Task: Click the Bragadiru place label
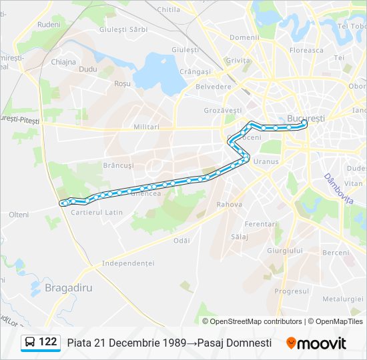tap(69, 287)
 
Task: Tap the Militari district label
tap(146, 127)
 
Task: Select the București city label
tap(306, 118)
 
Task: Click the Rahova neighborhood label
tap(229, 204)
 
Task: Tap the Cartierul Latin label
tap(97, 212)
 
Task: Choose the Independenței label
tap(128, 263)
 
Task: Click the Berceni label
tap(336, 253)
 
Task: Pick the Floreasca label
tap(306, 50)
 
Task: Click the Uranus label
tap(266, 161)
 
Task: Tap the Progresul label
tap(292, 291)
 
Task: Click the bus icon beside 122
tap(30, 343)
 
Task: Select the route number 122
tap(48, 342)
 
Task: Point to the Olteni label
tap(19, 215)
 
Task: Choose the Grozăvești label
tap(222, 110)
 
